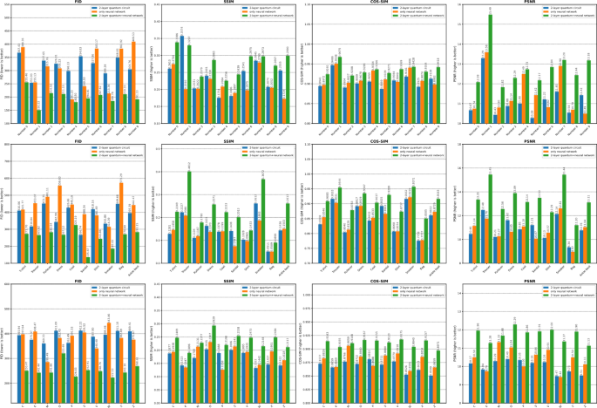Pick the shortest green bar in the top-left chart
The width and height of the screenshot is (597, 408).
pyautogui.click(x=39, y=116)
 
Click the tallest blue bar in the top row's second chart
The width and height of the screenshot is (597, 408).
pyautogui.click(x=181, y=78)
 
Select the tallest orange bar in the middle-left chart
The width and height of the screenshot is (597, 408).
pyautogui.click(x=60, y=223)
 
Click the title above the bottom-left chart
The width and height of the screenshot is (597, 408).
pyautogui.click(x=79, y=284)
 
